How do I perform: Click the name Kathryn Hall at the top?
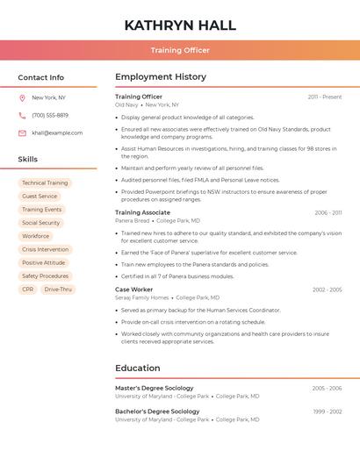click(x=180, y=25)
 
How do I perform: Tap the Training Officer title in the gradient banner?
click(x=180, y=50)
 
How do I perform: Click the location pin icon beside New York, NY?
click(x=22, y=97)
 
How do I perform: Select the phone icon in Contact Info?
click(x=22, y=115)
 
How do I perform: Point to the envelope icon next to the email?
click(x=22, y=132)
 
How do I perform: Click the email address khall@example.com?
click(x=57, y=132)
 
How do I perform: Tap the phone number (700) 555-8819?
click(x=50, y=115)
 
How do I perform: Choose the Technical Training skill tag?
click(x=45, y=183)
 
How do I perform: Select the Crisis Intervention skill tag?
click(x=45, y=249)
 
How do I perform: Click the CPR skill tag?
click(x=28, y=289)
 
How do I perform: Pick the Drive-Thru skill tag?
click(x=58, y=289)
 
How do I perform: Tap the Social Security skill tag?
click(x=41, y=223)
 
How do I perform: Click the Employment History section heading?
click(x=161, y=77)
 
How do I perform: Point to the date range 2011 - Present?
click(x=324, y=97)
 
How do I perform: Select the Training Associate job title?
click(x=142, y=212)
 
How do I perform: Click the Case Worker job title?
click(x=133, y=289)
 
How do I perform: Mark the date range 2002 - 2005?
click(x=327, y=290)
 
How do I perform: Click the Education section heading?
click(x=138, y=368)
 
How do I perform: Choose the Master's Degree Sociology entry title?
click(x=154, y=388)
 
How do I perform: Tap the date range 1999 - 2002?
click(x=327, y=411)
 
